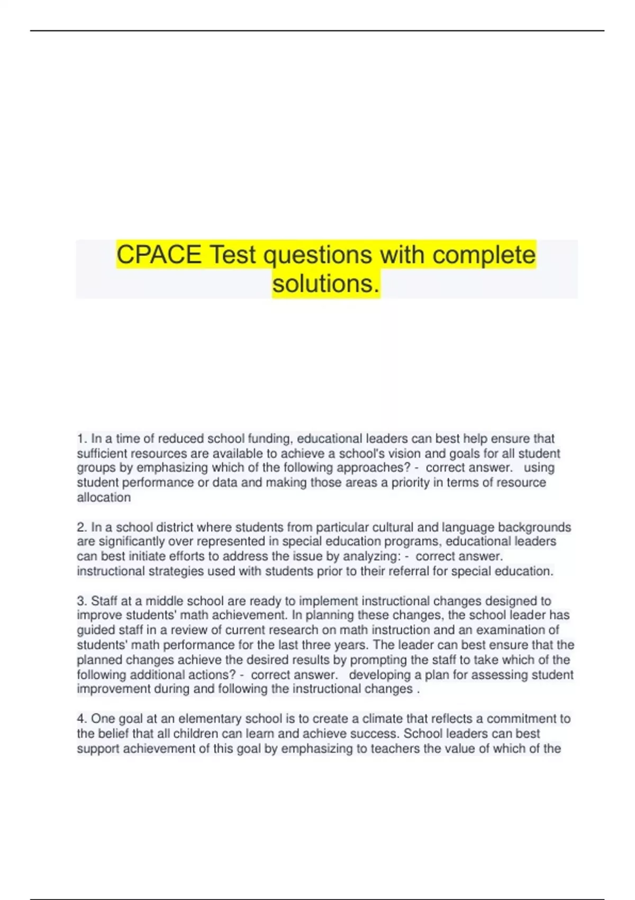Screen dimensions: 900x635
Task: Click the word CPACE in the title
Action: (x=159, y=255)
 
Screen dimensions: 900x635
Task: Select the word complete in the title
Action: (x=484, y=255)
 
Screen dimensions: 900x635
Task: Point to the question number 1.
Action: (x=81, y=439)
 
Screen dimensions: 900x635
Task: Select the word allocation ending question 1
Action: (x=104, y=498)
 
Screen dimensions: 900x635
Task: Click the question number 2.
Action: (x=81, y=527)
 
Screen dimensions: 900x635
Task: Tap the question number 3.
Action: (x=81, y=601)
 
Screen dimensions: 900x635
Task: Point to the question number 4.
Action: (x=81, y=719)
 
